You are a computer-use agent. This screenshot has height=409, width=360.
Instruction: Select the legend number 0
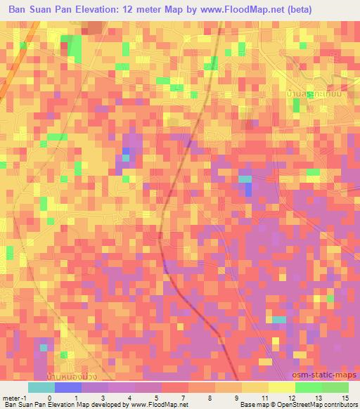click(49, 398)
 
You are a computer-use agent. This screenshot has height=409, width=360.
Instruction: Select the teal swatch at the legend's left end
click(41, 387)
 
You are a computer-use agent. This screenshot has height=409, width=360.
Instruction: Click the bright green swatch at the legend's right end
click(335, 387)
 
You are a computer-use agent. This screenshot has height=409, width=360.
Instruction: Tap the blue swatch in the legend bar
click(68, 387)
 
